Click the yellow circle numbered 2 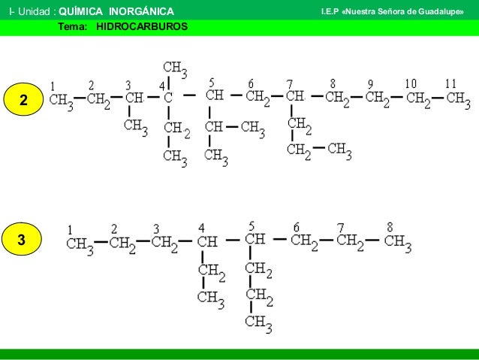click(x=23, y=99)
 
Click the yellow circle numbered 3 click(x=21, y=239)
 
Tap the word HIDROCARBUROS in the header click(x=142, y=26)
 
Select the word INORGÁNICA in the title click(x=141, y=11)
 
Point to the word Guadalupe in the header click(x=441, y=12)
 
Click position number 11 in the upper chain click(x=450, y=83)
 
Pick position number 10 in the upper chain click(x=411, y=83)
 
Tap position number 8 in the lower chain click(x=390, y=227)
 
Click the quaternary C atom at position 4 click(x=168, y=98)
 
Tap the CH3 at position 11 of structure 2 click(x=458, y=100)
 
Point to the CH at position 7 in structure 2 click(x=295, y=96)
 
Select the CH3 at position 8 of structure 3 click(x=398, y=244)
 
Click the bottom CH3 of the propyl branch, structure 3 click(x=258, y=324)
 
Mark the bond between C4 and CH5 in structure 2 click(x=189, y=95)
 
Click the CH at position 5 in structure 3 click(x=255, y=239)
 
